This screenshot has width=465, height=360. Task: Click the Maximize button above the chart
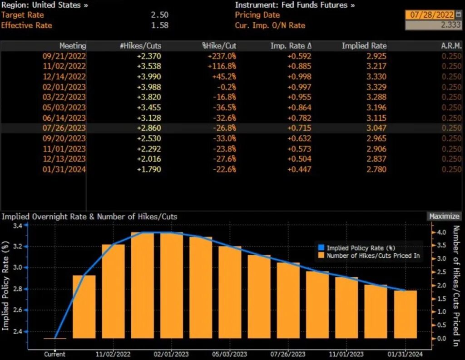point(445,217)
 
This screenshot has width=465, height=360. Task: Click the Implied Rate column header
point(364,46)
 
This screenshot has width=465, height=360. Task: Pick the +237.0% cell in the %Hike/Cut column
point(222,56)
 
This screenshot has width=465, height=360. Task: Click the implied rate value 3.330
point(376,76)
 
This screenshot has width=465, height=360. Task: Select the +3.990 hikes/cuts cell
point(149,76)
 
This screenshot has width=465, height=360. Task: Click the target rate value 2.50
point(159,15)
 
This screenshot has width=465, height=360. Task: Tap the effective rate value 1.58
point(159,25)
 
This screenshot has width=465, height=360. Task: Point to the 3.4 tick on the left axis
point(17,226)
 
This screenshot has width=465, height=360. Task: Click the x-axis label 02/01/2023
point(171,354)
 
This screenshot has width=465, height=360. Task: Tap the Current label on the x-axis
point(54,354)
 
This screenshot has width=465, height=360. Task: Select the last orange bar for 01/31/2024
point(405,314)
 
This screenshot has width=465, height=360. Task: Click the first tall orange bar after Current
point(84,306)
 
